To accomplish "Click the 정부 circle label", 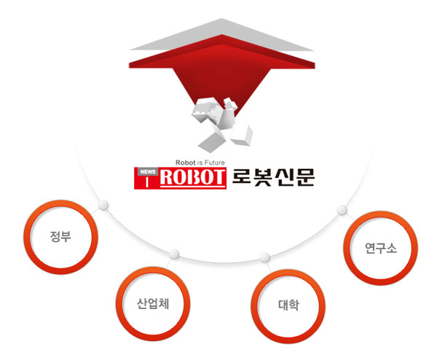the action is (60, 236).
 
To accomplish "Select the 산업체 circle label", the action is (153, 303).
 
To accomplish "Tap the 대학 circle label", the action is (288, 305).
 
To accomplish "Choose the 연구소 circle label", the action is (381, 248).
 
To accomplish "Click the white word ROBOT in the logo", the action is (192, 177).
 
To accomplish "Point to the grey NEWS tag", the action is (148, 172).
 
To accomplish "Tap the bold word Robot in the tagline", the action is (185, 163).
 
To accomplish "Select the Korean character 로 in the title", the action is (242, 177).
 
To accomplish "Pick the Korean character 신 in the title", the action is (284, 177).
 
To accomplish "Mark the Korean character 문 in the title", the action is (305, 177).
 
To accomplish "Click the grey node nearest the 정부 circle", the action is (103, 205).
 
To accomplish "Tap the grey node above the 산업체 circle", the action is (174, 254).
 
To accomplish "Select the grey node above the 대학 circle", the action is (264, 257).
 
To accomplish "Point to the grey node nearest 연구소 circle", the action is (342, 211).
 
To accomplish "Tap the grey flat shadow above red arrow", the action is (222, 34).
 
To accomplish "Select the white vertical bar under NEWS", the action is (147, 183).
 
